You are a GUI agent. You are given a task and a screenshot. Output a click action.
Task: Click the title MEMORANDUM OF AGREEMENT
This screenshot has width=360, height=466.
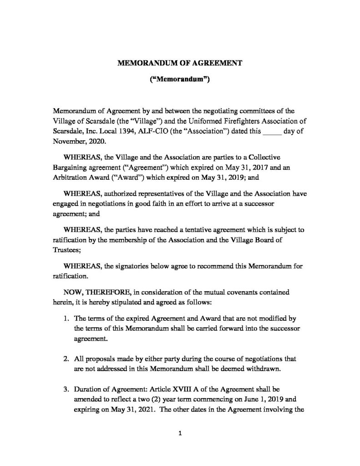tap(180, 63)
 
